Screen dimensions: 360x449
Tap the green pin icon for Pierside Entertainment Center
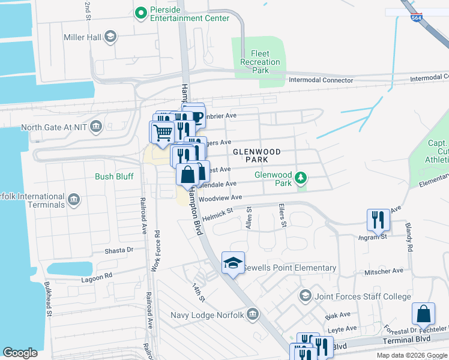[141, 13]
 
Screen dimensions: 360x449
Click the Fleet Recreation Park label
[260, 62]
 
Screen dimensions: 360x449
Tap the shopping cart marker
[162, 132]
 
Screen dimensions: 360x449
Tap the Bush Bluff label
[114, 176]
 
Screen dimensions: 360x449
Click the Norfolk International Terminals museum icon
[74, 200]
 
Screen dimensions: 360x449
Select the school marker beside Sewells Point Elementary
[233, 263]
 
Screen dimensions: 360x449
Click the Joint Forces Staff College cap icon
[306, 296]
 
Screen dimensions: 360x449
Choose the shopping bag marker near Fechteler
[423, 314]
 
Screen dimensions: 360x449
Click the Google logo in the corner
[20, 352]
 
